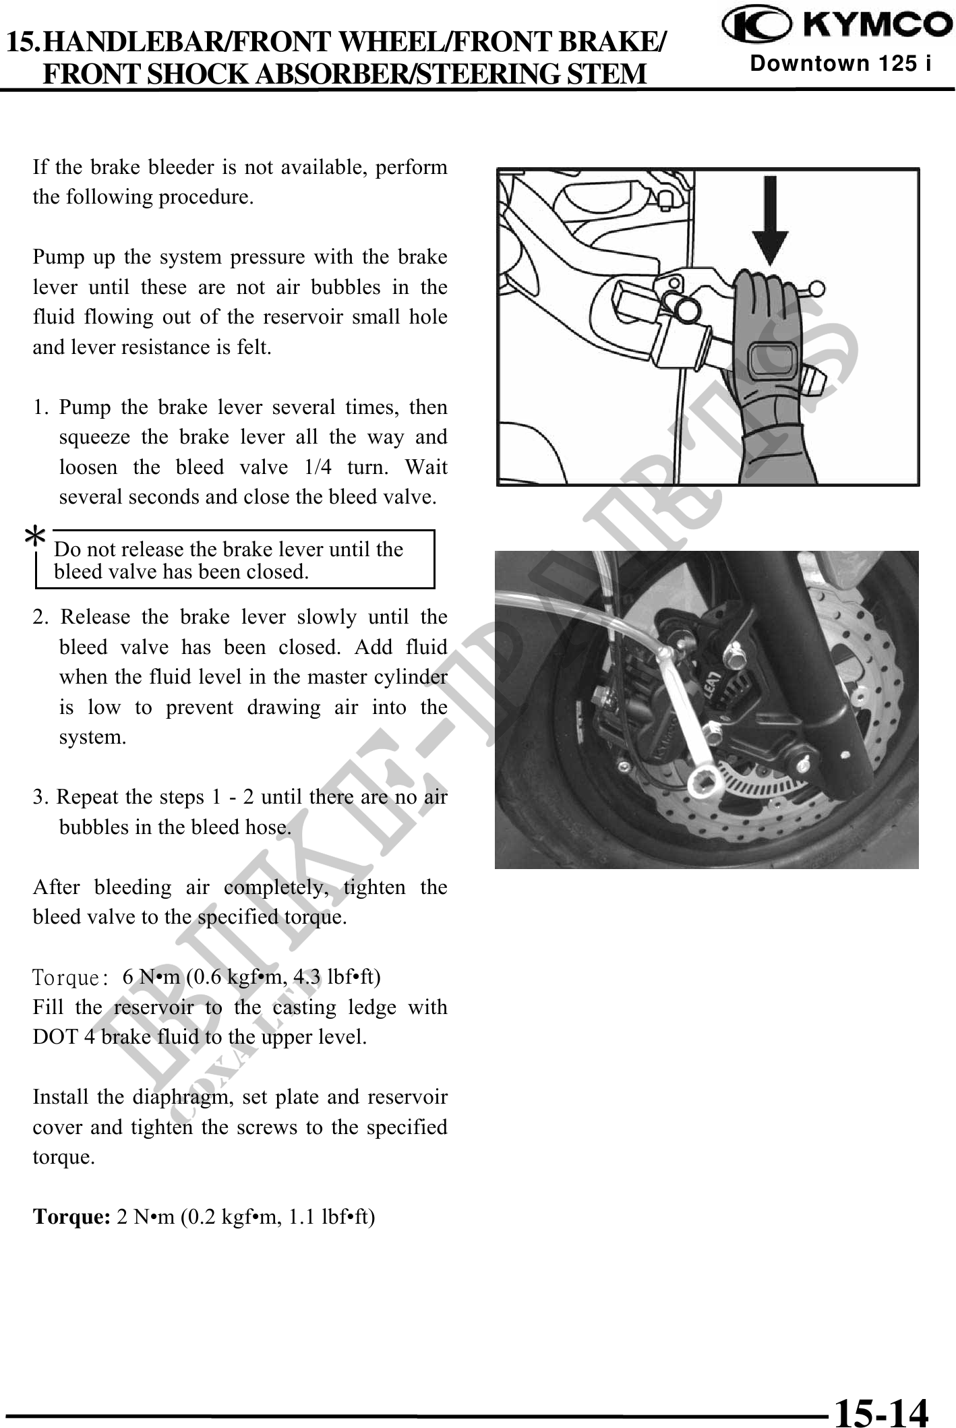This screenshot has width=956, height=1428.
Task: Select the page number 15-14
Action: pyautogui.click(x=880, y=1408)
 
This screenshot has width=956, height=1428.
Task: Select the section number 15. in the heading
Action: pyautogui.click(x=28, y=44)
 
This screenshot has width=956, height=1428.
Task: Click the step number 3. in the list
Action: pyautogui.click(x=42, y=797)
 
